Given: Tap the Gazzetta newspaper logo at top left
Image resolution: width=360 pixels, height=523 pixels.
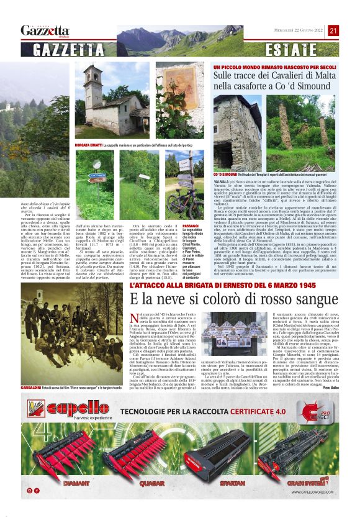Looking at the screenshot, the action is tap(45, 30).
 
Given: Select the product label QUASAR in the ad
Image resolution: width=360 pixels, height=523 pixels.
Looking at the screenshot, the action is tap(152, 482).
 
